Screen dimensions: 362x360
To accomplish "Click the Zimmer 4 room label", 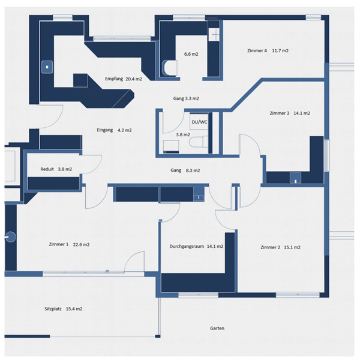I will click(268, 51).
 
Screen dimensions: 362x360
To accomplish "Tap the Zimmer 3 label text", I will click(290, 113).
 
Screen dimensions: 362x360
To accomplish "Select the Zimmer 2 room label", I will click(280, 247).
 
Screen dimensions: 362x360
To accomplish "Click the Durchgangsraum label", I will click(196, 246).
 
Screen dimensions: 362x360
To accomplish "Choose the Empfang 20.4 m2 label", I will click(123, 79).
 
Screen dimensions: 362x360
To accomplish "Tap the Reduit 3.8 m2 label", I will click(56, 169).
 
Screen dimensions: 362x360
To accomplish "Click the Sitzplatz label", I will click(63, 309).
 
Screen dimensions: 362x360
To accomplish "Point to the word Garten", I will click(217, 328).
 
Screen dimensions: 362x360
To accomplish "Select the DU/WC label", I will click(199, 122).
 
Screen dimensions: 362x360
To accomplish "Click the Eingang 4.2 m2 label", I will click(114, 130).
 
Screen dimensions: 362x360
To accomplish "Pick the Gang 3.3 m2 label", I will click(186, 98).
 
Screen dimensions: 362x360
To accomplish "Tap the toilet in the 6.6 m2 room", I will click(169, 68).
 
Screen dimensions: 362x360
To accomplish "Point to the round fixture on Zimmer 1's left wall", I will click(8, 236).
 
